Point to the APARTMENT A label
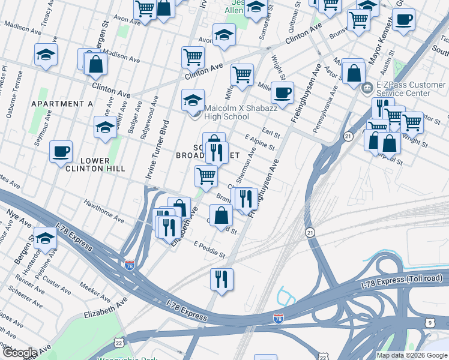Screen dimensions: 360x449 (62, 104)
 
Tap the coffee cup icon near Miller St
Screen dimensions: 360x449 (282, 93)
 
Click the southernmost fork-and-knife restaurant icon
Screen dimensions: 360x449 (221, 279)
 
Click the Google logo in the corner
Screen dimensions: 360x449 (20, 353)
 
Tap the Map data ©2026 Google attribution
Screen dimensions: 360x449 (412, 355)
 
